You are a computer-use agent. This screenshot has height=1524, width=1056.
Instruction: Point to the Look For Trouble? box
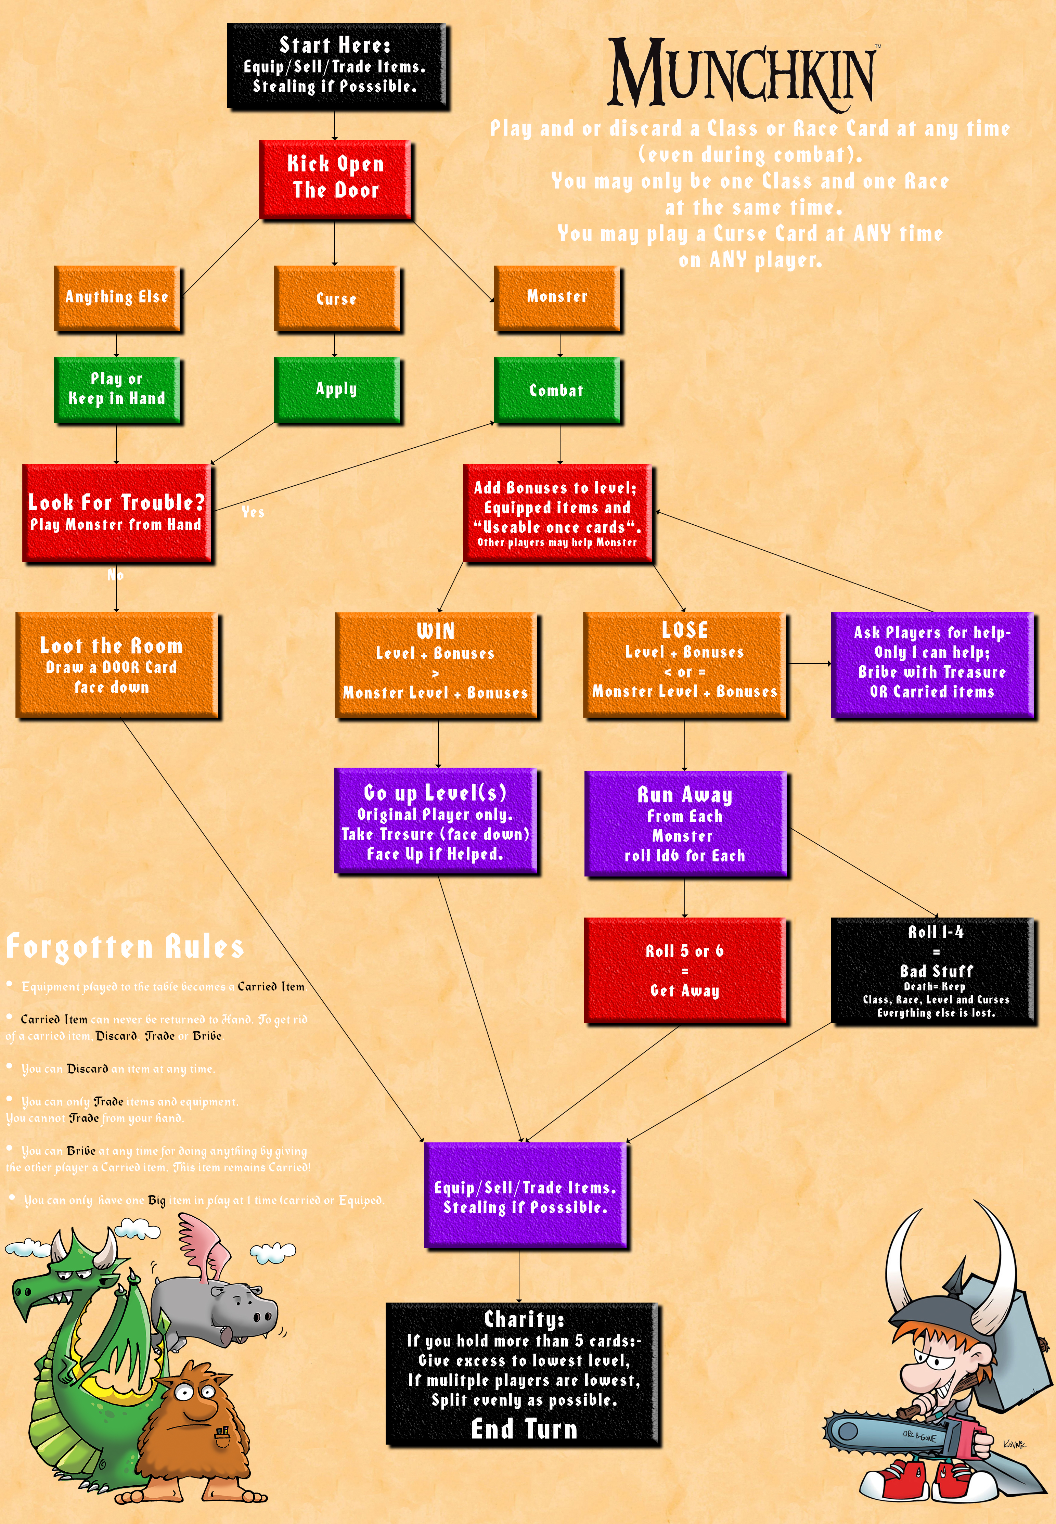pos(116,513)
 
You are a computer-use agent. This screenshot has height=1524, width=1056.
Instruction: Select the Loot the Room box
pos(116,665)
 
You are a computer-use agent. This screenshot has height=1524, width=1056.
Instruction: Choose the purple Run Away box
pos(685,824)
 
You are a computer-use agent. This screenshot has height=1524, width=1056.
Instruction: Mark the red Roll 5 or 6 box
pos(685,970)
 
